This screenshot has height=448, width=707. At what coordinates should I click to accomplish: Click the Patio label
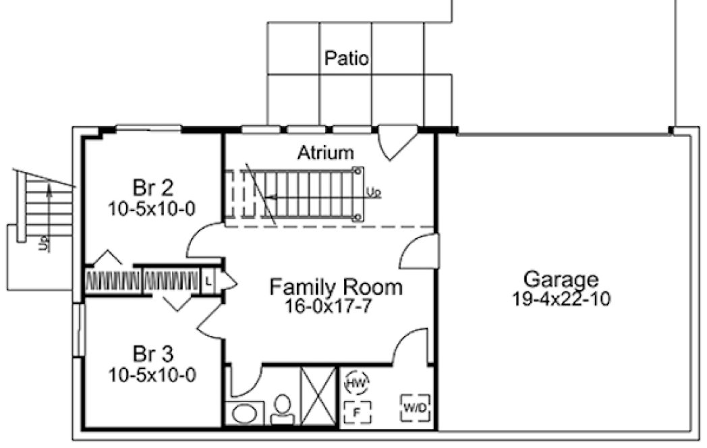click(347, 58)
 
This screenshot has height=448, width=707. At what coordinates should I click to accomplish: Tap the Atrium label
click(325, 153)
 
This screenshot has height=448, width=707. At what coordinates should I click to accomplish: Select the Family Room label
click(335, 287)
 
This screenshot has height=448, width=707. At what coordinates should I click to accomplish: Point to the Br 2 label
click(152, 187)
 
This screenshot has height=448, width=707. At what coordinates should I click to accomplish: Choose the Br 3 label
click(152, 353)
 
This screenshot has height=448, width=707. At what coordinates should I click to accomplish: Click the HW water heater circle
click(356, 383)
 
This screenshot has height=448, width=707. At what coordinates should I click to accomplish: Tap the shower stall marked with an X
click(318, 395)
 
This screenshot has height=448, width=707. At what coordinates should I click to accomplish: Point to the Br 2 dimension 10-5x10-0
click(152, 208)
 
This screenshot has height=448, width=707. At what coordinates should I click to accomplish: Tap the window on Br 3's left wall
click(78, 330)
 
